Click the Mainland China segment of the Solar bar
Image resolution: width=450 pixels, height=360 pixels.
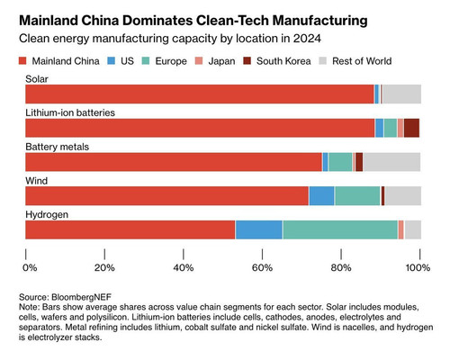click(200, 94)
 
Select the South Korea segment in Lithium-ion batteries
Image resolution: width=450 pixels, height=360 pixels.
click(411, 128)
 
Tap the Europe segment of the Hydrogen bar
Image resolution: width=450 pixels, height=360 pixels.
click(340, 229)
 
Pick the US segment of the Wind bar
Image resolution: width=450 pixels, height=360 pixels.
click(321, 196)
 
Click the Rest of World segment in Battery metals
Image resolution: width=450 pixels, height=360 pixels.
click(392, 162)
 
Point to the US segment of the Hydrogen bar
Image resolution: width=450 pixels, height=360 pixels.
click(259, 229)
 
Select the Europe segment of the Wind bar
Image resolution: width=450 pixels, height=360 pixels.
click(357, 196)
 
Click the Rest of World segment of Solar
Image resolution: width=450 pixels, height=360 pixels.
click(402, 94)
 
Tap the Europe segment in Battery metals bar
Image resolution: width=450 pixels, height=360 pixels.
click(340, 162)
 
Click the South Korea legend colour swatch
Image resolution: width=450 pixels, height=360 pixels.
click(247, 61)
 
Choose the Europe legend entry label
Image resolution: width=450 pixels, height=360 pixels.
click(171, 61)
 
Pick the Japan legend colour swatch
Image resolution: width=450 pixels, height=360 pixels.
click(199, 61)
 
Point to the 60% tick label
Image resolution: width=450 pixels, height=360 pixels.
click(262, 267)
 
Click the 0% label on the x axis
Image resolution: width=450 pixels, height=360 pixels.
click(30, 267)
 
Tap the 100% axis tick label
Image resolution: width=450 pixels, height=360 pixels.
click(418, 267)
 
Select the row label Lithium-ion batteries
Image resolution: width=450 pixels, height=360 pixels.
click(70, 112)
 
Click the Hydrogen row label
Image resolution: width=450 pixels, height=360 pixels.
click(47, 215)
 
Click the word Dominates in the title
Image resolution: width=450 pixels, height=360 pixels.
click(157, 21)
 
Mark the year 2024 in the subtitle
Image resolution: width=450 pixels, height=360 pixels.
click(307, 39)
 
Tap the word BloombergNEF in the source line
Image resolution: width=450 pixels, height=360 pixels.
click(81, 297)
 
